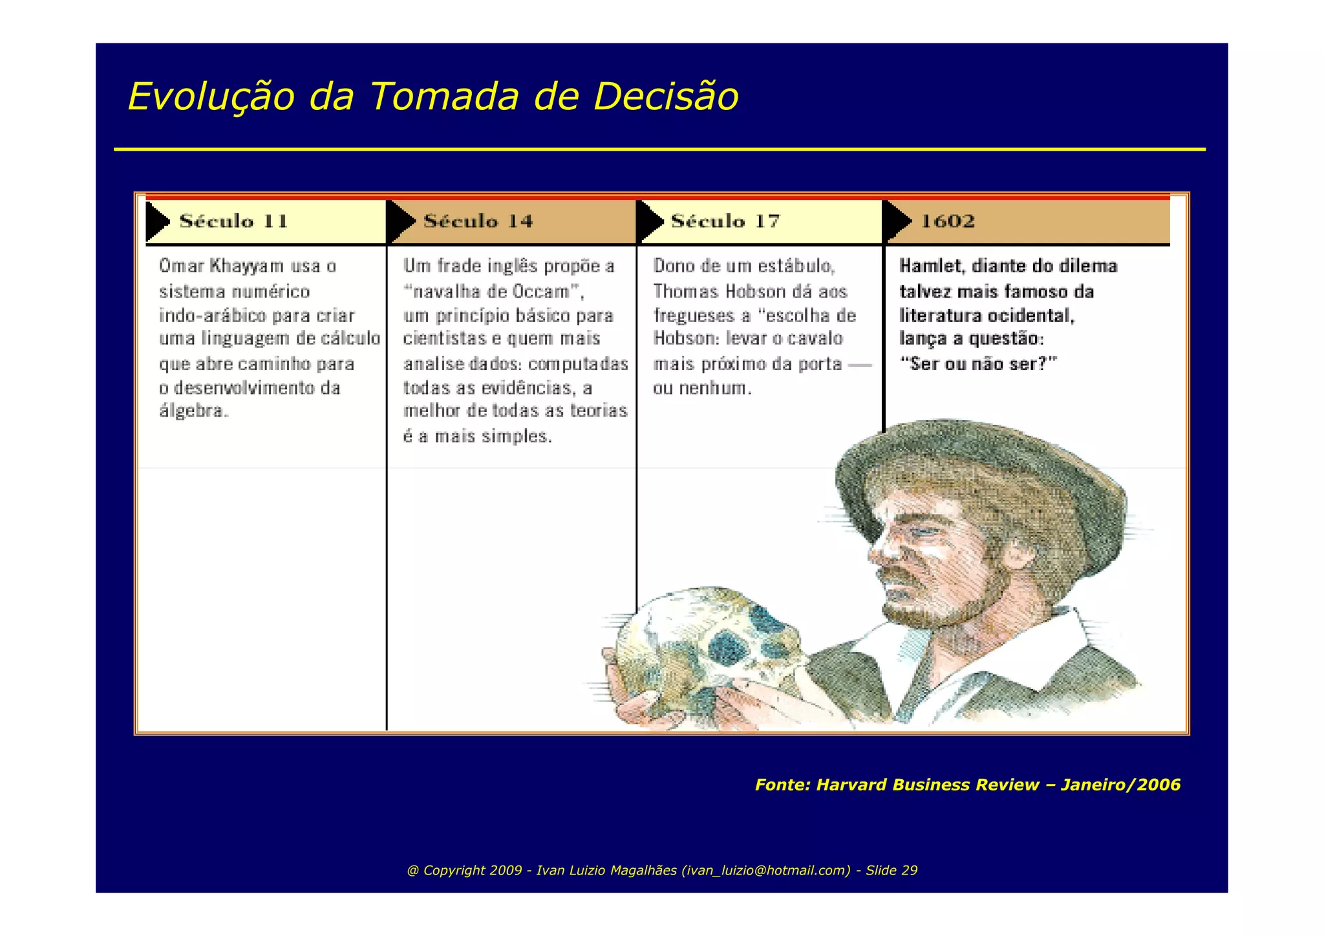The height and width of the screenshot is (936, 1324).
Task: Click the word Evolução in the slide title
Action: point(211,97)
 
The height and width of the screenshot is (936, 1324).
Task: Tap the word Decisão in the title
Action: point(666,97)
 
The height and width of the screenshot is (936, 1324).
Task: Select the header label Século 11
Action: point(233,221)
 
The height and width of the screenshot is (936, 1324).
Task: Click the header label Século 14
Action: point(478,221)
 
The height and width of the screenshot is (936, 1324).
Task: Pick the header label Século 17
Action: point(725,221)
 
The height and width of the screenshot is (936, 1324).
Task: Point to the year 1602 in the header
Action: point(947,221)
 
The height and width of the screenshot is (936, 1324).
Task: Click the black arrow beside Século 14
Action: point(400,222)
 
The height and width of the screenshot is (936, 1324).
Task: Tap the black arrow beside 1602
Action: point(897,222)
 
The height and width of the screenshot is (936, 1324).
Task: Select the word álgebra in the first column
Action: point(193,411)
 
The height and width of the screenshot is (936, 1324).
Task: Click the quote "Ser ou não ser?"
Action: point(978,364)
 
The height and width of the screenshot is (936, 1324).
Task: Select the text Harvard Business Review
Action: point(927,785)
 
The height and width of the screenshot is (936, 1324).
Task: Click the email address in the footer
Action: point(765,871)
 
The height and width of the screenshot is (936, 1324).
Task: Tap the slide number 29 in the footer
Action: point(909,871)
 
